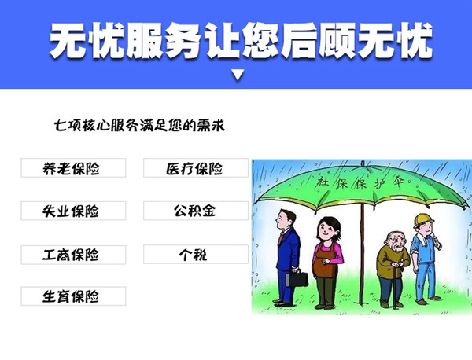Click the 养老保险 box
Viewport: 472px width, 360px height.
pyautogui.click(x=73, y=168)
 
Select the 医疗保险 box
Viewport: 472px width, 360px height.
pyautogui.click(x=196, y=168)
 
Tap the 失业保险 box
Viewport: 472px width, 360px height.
pyautogui.click(x=73, y=211)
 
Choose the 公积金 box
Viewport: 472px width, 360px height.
pyautogui.click(x=196, y=211)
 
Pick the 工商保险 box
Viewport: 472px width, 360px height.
pyautogui.click(x=73, y=255)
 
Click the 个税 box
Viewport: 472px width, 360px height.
pyautogui.click(x=196, y=255)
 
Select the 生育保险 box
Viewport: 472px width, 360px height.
pyautogui.click(x=73, y=296)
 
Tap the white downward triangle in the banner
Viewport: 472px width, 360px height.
pyautogui.click(x=238, y=75)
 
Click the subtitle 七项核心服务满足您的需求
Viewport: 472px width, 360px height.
pyautogui.click(x=139, y=126)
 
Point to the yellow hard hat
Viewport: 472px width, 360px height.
pyautogui.click(x=423, y=220)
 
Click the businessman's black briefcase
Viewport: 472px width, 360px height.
pyautogui.click(x=297, y=278)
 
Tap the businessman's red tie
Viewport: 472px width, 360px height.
pyautogui.click(x=281, y=238)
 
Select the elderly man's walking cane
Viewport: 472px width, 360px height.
pyautogui.click(x=395, y=286)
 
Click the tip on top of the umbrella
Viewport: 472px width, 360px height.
pyautogui.click(x=363, y=163)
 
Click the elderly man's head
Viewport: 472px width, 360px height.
pyautogui.click(x=396, y=241)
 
